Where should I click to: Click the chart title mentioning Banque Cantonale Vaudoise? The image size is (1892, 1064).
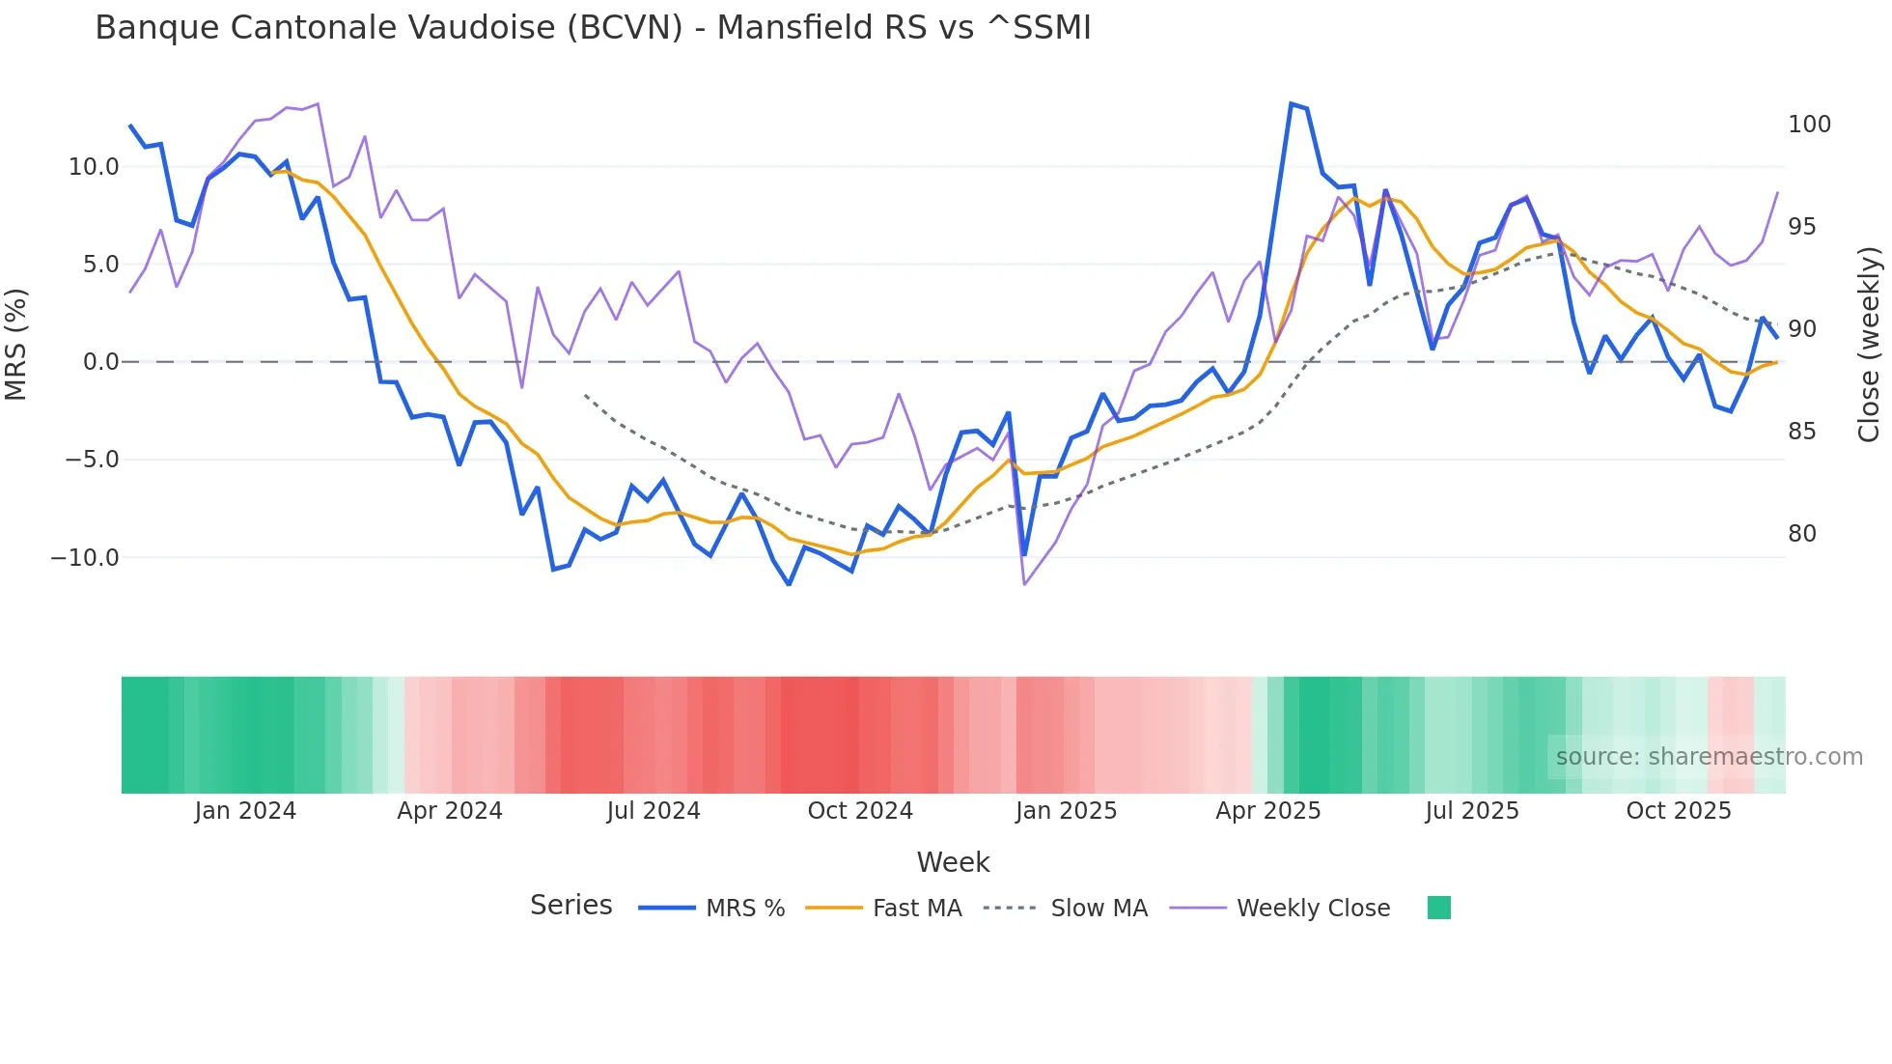point(593,28)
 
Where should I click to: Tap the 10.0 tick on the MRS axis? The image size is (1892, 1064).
point(93,167)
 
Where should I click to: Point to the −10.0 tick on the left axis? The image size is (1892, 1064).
point(85,558)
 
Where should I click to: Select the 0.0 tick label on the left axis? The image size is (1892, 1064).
point(100,362)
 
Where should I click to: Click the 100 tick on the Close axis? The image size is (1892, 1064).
point(1809,125)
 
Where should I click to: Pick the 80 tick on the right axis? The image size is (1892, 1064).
point(1801,534)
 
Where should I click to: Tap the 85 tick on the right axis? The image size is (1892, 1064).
point(1801,432)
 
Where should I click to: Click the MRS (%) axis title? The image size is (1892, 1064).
point(16,345)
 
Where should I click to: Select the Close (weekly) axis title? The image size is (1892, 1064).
point(1869,345)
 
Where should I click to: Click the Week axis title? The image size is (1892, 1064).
point(953,862)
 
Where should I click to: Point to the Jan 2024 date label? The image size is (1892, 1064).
point(245,811)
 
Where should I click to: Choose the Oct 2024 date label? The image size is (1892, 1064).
point(860,811)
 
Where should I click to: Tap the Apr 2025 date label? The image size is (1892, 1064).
point(1267,811)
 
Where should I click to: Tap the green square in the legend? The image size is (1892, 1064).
point(1438,908)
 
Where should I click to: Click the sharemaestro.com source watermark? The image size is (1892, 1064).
point(1709,757)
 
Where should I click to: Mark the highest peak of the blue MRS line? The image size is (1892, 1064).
point(1291,103)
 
